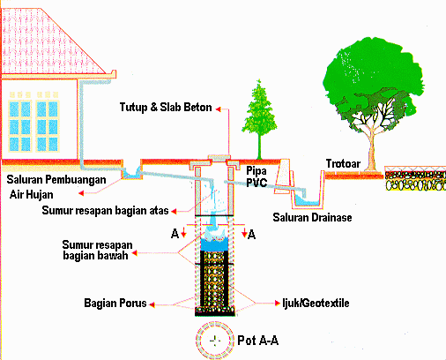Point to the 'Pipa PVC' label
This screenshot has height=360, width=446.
click(256, 176)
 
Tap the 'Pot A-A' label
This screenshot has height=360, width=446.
click(257, 339)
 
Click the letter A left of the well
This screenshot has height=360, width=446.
click(175, 235)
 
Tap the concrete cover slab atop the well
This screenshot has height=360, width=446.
click(212, 160)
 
